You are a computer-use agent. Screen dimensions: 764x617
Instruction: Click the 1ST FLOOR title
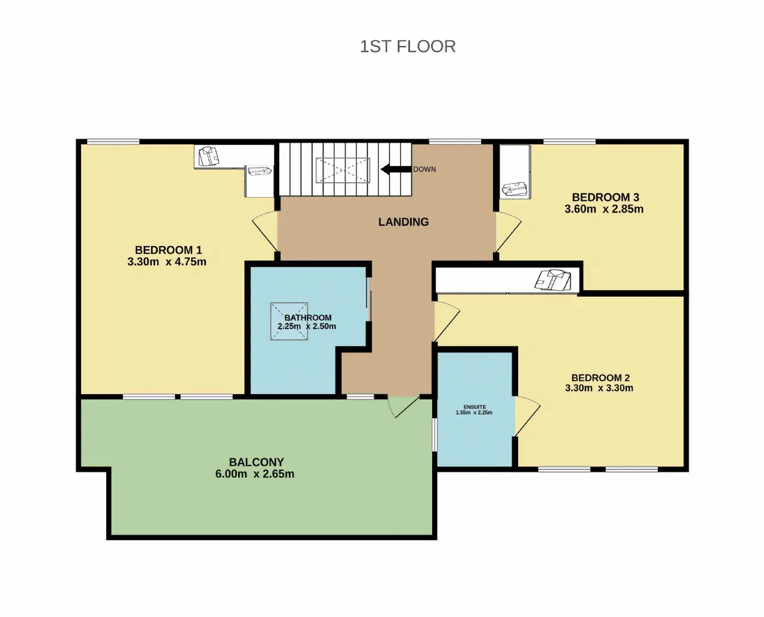coord(408,47)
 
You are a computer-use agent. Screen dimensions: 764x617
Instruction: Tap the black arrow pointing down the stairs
coord(396,169)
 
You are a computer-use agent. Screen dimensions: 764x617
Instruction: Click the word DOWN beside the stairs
coord(424,170)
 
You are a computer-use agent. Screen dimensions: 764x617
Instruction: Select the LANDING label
coord(403,222)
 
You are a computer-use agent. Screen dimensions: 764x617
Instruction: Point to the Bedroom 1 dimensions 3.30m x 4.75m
coord(167,262)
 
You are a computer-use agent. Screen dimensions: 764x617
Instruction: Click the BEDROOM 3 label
coord(605,197)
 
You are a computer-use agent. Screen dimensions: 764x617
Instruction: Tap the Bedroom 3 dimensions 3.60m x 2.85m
coord(604,209)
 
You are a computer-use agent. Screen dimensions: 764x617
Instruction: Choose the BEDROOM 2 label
coord(600,377)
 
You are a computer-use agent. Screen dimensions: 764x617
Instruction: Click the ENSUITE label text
coord(475,407)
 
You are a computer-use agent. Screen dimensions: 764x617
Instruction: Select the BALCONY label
coord(257,462)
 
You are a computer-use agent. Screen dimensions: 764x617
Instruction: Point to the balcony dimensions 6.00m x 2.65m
coord(255,474)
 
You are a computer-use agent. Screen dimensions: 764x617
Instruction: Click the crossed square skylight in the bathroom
coord(289,321)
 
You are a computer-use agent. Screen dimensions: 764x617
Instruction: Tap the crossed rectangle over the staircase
coord(343,170)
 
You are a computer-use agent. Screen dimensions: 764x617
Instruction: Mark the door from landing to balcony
coord(404,407)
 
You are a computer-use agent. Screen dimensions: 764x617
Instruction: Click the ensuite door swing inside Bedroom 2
coord(528,416)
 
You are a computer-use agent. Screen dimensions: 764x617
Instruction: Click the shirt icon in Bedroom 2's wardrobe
coord(553,280)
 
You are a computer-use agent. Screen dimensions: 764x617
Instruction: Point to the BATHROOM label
coord(308,318)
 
